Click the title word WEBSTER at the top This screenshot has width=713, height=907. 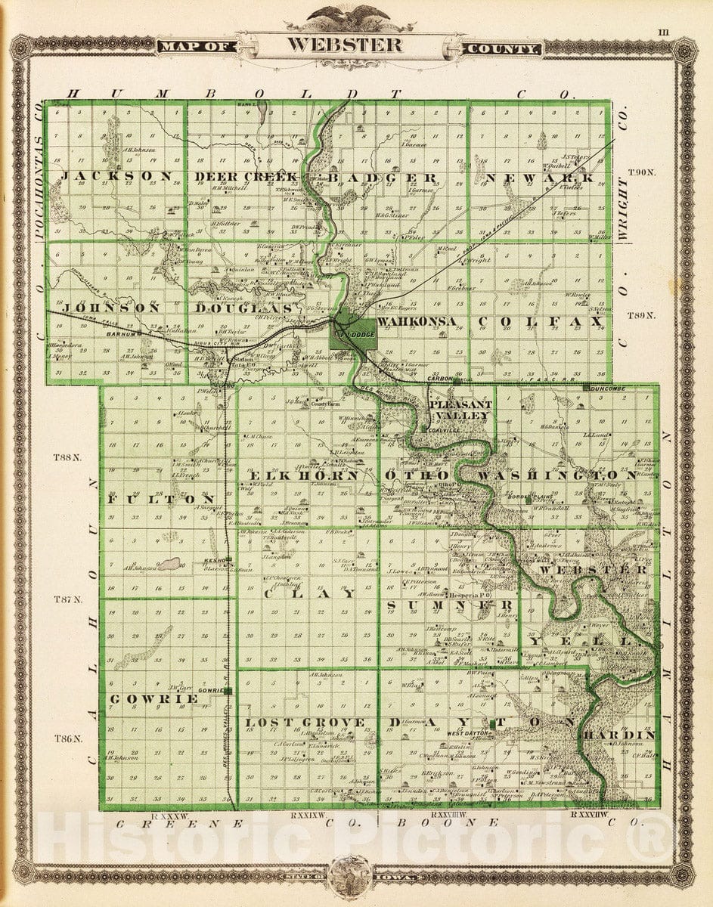344,44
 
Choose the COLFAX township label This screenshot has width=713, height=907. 540,322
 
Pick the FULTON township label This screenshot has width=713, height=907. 160,500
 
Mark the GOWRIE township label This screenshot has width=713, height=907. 154,699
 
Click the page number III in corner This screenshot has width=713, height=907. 663,32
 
